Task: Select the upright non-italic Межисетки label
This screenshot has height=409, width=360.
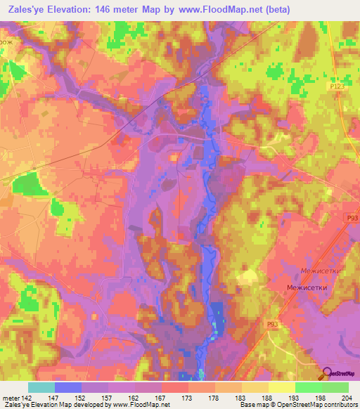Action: [x=307, y=288]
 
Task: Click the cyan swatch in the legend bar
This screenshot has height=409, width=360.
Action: [x=41, y=387]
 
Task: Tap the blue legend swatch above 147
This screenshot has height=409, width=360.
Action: [x=67, y=387]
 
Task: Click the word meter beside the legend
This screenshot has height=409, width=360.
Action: [x=10, y=397]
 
